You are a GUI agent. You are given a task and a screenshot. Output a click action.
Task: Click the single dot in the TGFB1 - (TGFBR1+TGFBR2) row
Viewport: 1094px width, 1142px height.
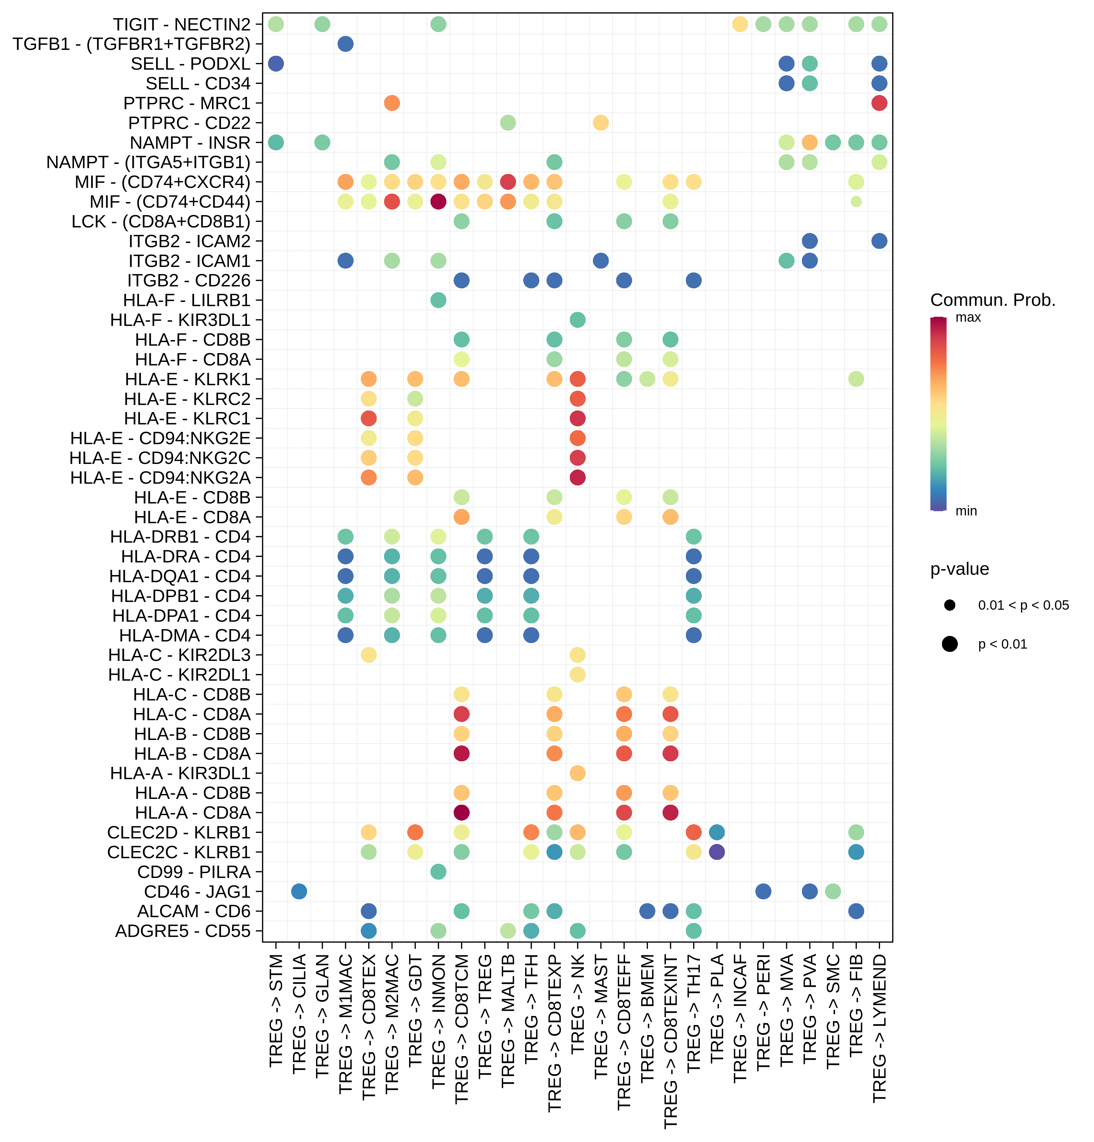point(345,44)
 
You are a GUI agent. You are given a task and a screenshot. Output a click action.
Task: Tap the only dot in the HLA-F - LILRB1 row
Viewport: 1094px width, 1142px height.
point(438,300)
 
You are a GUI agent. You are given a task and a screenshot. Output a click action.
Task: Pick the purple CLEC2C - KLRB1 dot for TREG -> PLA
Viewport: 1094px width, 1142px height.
point(716,852)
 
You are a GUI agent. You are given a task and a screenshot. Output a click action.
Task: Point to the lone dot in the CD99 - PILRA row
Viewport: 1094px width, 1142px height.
point(438,872)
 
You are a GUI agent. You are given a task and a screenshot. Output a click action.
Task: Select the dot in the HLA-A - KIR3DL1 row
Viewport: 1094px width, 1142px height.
point(577,773)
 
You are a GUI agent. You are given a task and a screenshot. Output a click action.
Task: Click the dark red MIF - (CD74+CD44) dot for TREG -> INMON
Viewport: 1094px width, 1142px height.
point(438,202)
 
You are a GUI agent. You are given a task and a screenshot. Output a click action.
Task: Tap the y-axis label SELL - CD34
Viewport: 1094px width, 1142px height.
point(198,83)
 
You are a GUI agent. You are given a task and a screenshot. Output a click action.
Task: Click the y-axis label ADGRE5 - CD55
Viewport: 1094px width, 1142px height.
point(182,931)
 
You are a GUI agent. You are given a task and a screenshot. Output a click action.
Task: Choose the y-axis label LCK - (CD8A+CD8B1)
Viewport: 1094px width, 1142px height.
point(161,221)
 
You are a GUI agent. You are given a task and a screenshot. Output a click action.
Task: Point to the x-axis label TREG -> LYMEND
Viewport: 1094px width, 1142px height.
point(879,1028)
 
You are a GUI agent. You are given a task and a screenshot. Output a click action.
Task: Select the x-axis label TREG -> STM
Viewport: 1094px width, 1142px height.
point(276,1011)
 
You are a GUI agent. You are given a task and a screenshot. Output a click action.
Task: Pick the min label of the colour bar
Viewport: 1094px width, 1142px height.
point(966,511)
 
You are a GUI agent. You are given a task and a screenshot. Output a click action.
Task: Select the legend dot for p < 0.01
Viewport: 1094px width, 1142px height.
point(949,644)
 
